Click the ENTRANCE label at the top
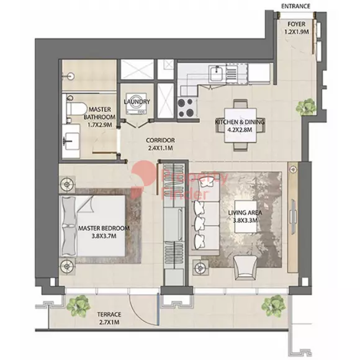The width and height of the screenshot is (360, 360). pyautogui.click(x=295, y=6)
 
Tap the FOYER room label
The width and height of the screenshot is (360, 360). pyautogui.click(x=297, y=24)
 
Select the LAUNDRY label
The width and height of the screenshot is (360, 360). pyautogui.click(x=137, y=101)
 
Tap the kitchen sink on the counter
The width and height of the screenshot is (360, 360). pyautogui.click(x=216, y=73)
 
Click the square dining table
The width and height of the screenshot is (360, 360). pyautogui.click(x=240, y=125)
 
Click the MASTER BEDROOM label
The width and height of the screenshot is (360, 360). pyautogui.click(x=104, y=228)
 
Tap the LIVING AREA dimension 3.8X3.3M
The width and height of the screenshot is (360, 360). pyautogui.click(x=245, y=221)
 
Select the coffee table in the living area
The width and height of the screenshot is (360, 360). pyautogui.click(x=246, y=217)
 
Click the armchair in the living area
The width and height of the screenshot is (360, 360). pyautogui.click(x=245, y=268)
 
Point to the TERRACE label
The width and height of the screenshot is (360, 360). pyautogui.click(x=109, y=314)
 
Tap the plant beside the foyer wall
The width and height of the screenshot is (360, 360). pyautogui.click(x=305, y=107)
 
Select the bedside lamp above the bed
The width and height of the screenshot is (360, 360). pyautogui.click(x=67, y=184)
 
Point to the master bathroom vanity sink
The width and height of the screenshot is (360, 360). pyautogui.click(x=71, y=141)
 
